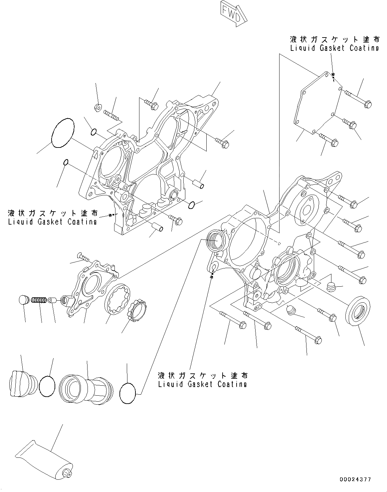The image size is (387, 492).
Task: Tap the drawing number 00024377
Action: point(355,479)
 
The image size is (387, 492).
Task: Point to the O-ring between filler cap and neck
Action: point(47,386)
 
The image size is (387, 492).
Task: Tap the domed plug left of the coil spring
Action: point(23,300)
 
